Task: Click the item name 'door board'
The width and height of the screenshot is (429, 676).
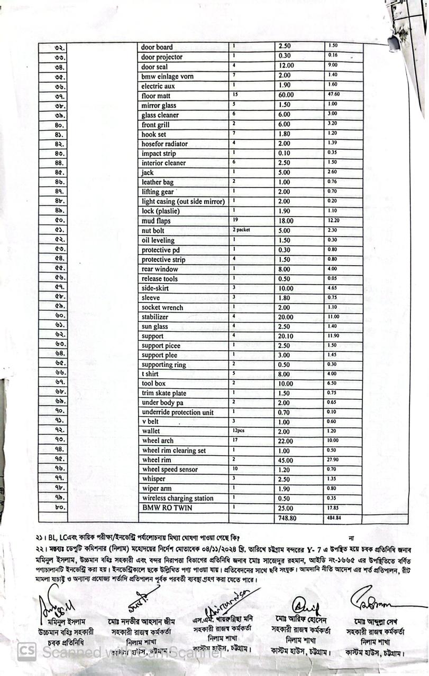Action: coord(157,47)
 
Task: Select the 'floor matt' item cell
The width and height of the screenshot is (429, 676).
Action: coord(156,96)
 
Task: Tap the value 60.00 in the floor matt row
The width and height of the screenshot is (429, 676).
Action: coord(286,95)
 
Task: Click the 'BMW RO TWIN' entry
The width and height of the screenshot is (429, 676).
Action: coord(167,508)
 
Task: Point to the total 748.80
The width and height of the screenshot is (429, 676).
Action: coord(287,518)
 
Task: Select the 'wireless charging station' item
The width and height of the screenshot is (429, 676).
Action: coord(178,499)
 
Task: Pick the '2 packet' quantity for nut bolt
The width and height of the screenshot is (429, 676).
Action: coord(241,230)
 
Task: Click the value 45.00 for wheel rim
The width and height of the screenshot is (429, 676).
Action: coord(286,460)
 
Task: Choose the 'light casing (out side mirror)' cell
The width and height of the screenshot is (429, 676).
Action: coord(183,201)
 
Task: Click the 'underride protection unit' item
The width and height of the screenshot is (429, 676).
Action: coord(178,412)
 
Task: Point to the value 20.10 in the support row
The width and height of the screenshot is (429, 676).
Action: coord(286,336)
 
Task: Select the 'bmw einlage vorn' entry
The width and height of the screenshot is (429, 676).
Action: coord(167,76)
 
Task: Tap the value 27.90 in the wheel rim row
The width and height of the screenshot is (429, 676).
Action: coord(334,459)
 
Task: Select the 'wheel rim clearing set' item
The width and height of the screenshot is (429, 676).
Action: coord(174,450)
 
